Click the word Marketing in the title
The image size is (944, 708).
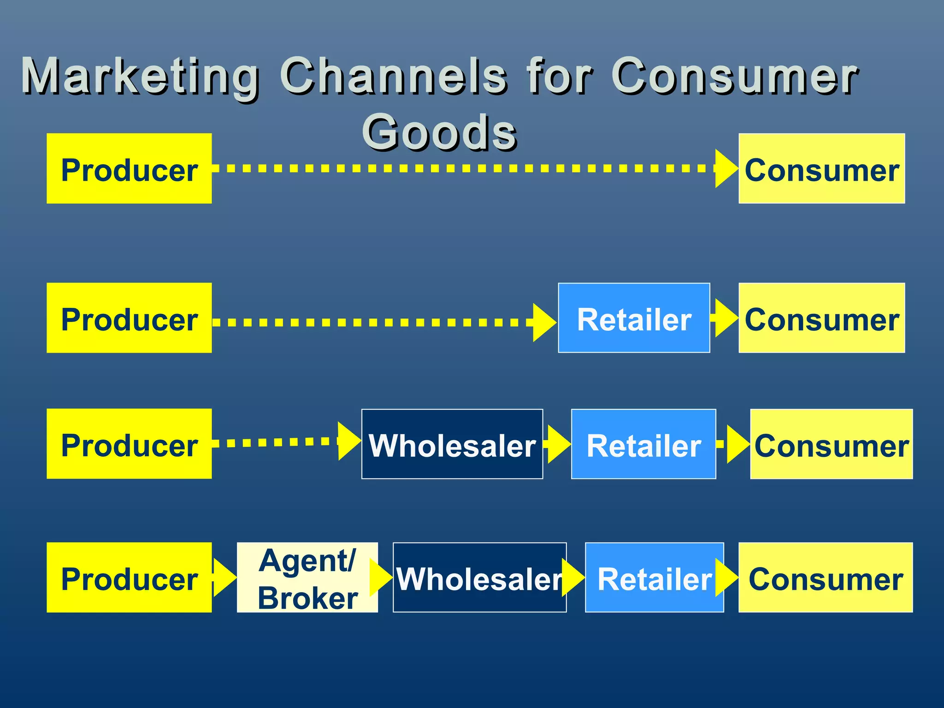[x=141, y=77]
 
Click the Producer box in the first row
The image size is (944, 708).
[x=129, y=169]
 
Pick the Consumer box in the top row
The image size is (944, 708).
[x=821, y=169]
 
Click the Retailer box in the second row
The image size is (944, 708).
[x=634, y=318]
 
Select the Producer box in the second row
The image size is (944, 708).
[x=129, y=318]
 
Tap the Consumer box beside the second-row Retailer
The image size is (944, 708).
[x=821, y=318]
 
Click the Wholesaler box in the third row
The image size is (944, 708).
[x=452, y=444]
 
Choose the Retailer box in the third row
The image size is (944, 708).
[x=643, y=444]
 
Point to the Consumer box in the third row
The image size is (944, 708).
[x=831, y=444]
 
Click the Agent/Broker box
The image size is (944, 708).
[x=307, y=578]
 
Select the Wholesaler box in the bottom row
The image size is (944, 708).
[x=479, y=578]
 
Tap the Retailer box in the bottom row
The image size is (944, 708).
[x=654, y=578]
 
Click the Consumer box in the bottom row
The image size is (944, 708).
[x=825, y=578]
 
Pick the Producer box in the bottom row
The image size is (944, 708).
[x=129, y=578]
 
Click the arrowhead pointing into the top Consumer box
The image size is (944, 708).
[x=726, y=169]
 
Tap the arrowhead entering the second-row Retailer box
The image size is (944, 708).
[x=543, y=322]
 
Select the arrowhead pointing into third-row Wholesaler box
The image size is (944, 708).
[x=348, y=441]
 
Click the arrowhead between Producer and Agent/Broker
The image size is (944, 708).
[x=224, y=578]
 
